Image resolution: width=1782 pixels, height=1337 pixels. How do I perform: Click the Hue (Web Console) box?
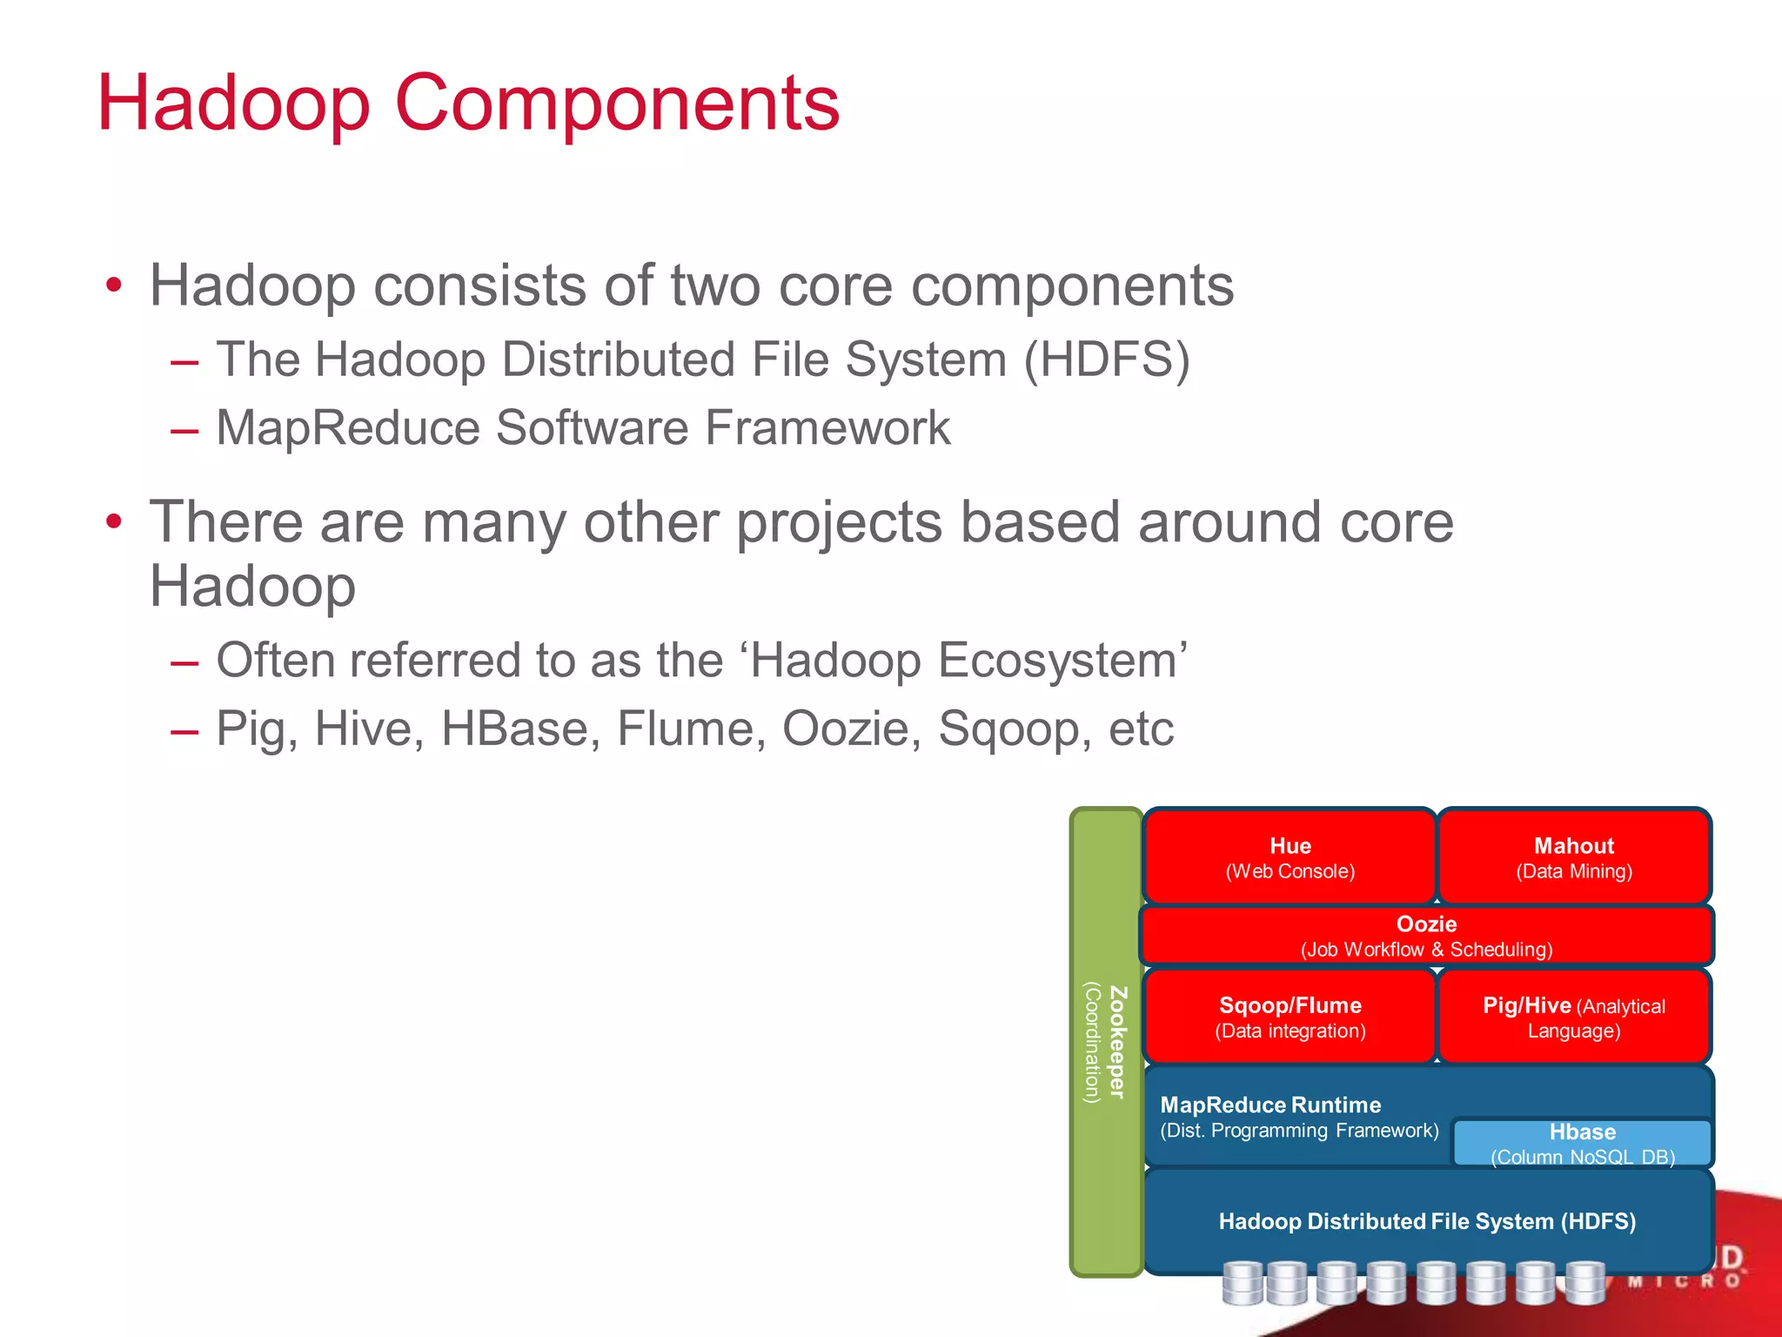pyautogui.click(x=1290, y=857)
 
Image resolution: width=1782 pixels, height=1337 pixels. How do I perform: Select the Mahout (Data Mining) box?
pyautogui.click(x=1573, y=857)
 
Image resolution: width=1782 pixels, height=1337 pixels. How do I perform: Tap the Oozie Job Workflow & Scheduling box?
pyautogui.click(x=1426, y=936)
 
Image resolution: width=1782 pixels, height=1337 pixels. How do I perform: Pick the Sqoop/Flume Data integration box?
pyautogui.click(x=1290, y=1017)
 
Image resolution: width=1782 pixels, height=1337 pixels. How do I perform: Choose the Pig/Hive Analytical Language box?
pyautogui.click(x=1573, y=1017)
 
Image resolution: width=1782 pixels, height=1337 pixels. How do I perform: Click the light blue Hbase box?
pyautogui.click(x=1582, y=1143)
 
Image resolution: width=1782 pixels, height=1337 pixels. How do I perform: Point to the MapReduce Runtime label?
pyautogui.click(x=1270, y=1105)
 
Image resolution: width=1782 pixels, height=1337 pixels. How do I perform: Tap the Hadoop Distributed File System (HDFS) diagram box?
pyautogui.click(x=1426, y=1220)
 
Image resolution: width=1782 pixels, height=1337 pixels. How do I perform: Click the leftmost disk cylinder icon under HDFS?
pyautogui.click(x=1242, y=1284)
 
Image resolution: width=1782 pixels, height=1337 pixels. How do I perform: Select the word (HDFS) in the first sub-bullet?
pyautogui.click(x=1106, y=359)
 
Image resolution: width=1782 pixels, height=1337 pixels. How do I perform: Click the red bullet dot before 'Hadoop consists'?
pyautogui.click(x=114, y=286)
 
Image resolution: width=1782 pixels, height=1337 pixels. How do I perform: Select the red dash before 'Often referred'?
pyautogui.click(x=184, y=662)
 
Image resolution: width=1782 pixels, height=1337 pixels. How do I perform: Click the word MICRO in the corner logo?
pyautogui.click(x=1684, y=1281)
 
